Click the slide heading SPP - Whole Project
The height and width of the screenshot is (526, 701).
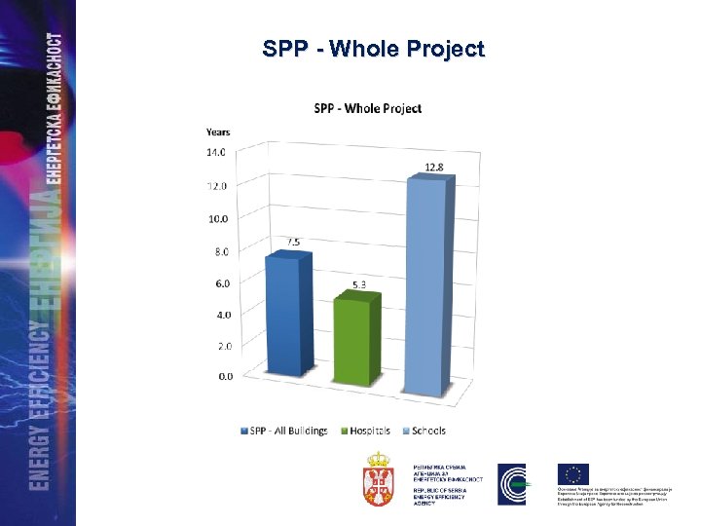373,50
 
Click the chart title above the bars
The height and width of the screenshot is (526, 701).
366,108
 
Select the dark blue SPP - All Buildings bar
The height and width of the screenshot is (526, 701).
288,312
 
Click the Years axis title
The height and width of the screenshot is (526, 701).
218,131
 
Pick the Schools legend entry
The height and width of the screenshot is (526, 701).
425,431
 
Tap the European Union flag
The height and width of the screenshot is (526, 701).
572,475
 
